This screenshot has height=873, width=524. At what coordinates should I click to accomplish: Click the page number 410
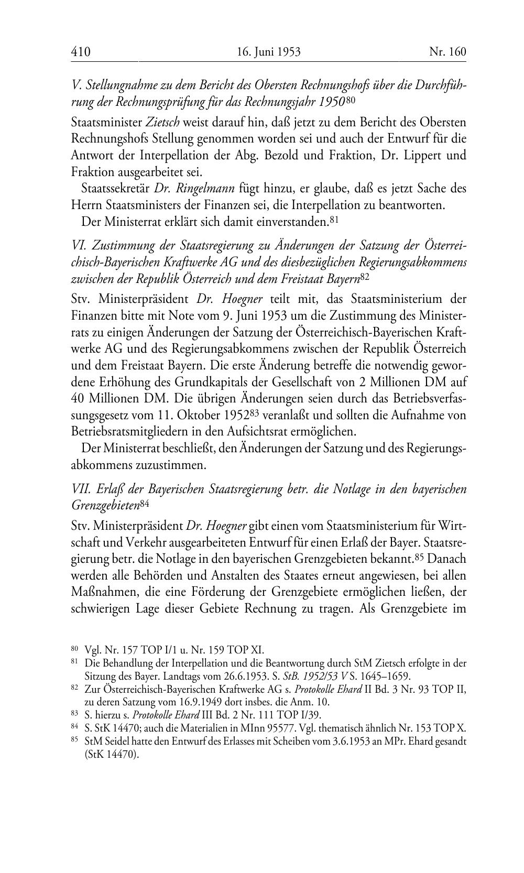(81, 52)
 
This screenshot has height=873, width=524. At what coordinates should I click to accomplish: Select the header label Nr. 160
(447, 52)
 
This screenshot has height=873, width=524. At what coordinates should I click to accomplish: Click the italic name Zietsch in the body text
(162, 122)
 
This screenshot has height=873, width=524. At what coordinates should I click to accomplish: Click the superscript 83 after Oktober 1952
(254, 412)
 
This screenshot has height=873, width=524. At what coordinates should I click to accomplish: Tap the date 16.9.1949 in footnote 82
(176, 702)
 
